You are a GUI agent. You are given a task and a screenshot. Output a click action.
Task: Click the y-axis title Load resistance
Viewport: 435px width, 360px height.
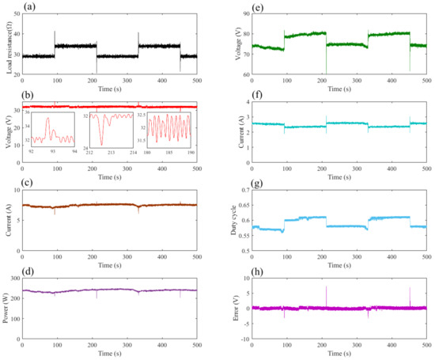point(7,44)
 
